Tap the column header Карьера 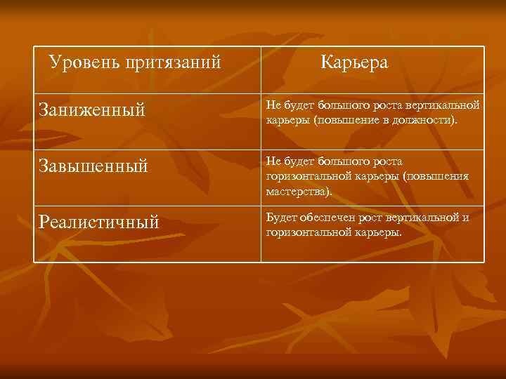(354, 62)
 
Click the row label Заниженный (92, 109)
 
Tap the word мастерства (294, 190)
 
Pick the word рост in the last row (365, 218)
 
